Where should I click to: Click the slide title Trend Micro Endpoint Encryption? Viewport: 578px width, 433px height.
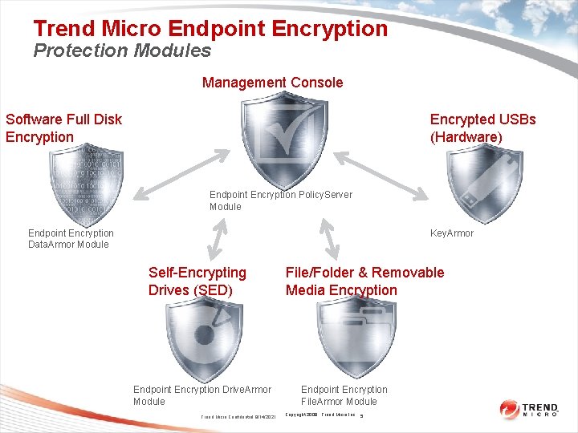[x=210, y=30]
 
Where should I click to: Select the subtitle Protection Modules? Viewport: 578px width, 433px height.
[x=122, y=51]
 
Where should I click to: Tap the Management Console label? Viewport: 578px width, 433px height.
[x=272, y=83]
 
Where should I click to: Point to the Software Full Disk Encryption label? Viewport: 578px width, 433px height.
[x=63, y=127]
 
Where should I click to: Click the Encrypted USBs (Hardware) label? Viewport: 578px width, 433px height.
[x=482, y=127]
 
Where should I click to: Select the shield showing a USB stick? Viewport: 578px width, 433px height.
[x=483, y=185]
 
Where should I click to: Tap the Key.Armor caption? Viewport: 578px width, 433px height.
[x=452, y=233]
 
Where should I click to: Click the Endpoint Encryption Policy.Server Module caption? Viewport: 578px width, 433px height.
[x=280, y=200]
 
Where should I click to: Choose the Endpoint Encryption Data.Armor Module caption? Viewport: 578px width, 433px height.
[x=71, y=239]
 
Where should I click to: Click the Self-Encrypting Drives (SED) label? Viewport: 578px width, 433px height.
[x=197, y=281]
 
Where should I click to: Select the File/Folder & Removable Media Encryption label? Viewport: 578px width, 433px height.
[x=364, y=281]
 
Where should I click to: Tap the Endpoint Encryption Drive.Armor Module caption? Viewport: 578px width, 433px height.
[x=201, y=395]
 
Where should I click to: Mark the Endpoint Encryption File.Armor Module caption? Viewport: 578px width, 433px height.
[x=343, y=395]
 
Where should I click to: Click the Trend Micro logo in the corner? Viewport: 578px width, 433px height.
[x=529, y=410]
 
